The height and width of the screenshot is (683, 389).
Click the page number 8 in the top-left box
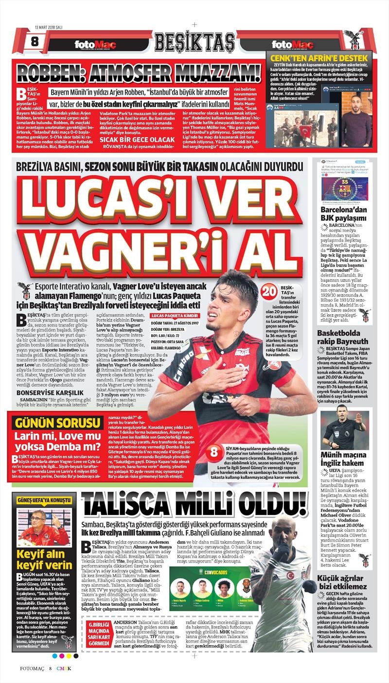click(34, 42)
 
